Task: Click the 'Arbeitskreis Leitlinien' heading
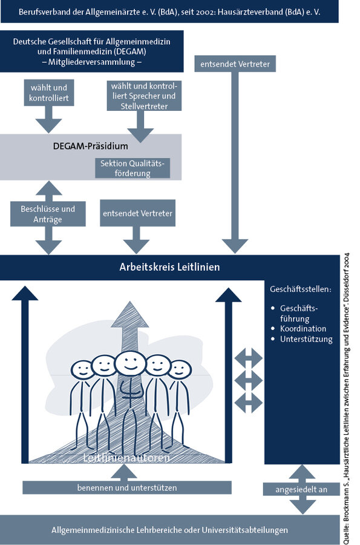click(x=169, y=267)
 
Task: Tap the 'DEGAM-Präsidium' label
click(x=90, y=146)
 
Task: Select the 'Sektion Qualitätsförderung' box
click(x=133, y=168)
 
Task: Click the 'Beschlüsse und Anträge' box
click(x=48, y=214)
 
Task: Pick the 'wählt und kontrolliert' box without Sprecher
click(x=49, y=93)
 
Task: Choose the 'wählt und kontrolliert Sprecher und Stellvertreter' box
click(x=144, y=96)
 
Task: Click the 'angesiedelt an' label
click(x=301, y=489)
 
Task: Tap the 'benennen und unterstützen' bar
click(x=127, y=487)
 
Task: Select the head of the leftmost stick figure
click(x=83, y=369)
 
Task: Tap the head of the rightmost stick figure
click(x=180, y=369)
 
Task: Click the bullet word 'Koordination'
click(x=303, y=328)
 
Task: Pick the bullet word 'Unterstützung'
click(x=306, y=339)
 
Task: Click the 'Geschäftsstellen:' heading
click(x=301, y=289)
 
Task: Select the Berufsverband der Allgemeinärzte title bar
click(x=169, y=12)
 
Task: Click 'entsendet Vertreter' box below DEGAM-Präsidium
click(x=137, y=213)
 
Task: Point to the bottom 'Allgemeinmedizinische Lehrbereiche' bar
click(x=169, y=530)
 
